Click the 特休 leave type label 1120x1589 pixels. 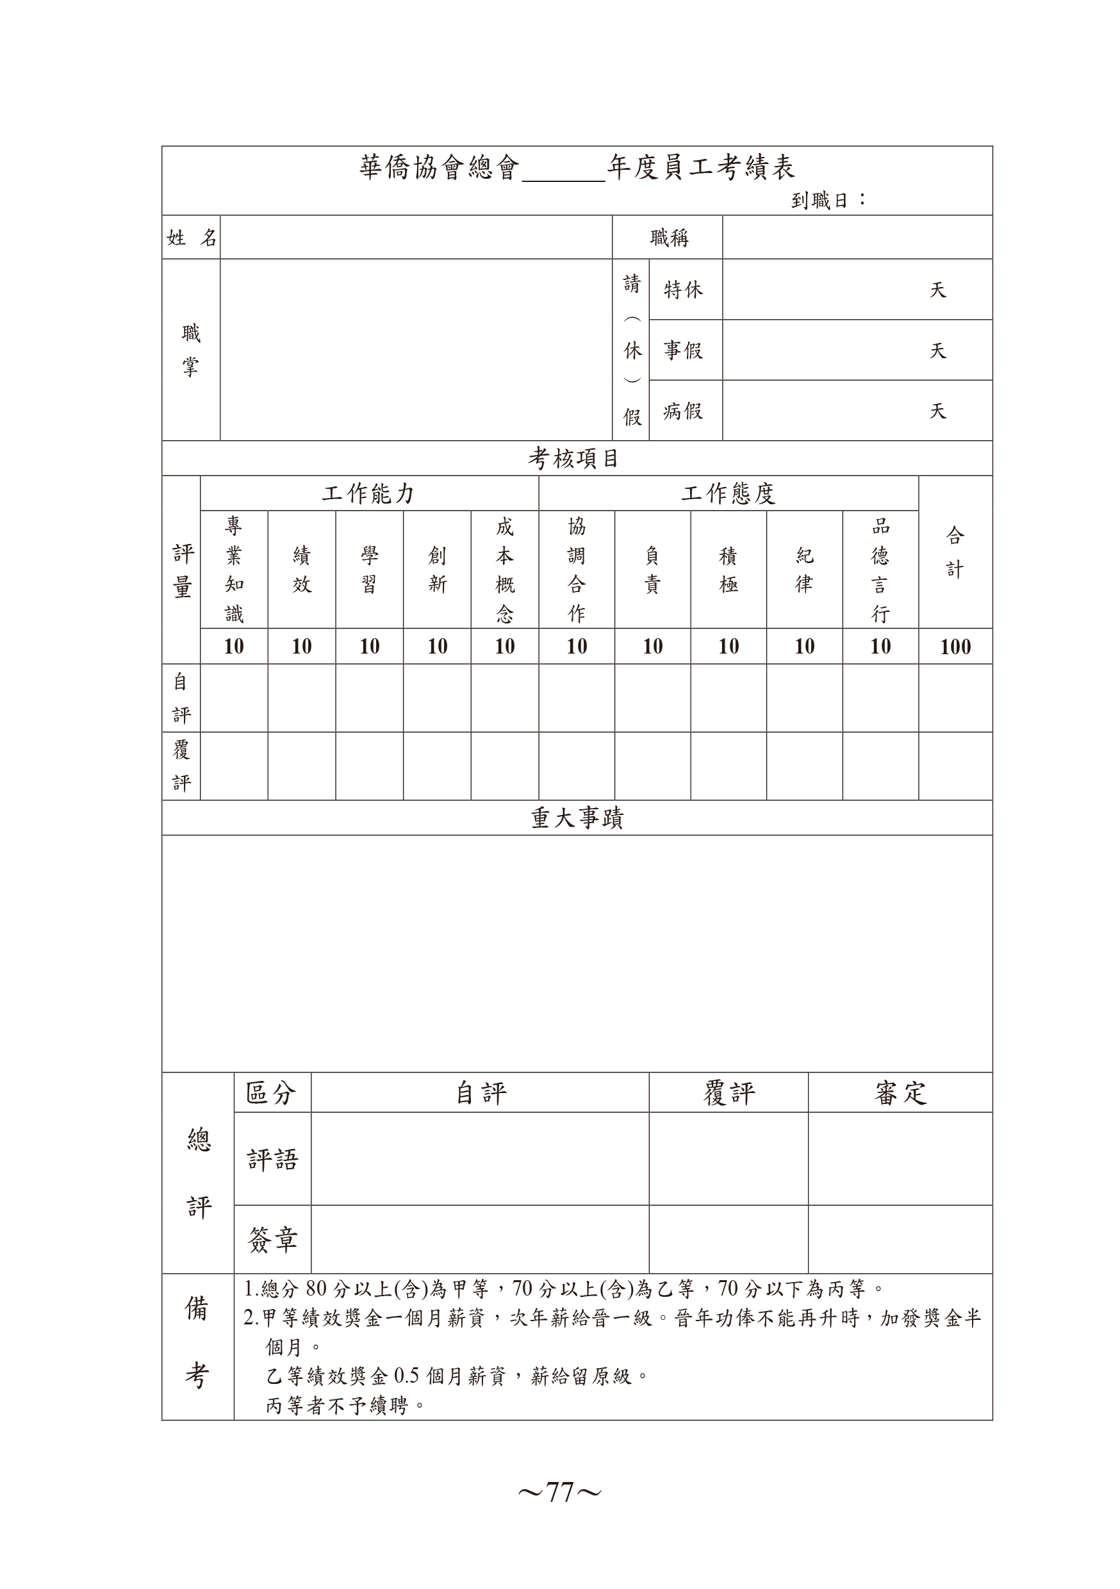click(x=683, y=289)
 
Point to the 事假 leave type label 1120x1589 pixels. click(x=683, y=350)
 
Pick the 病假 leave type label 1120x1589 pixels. click(x=683, y=411)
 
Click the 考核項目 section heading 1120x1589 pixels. click(x=574, y=458)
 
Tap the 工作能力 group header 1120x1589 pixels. click(x=368, y=493)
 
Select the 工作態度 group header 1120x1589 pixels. click(x=729, y=493)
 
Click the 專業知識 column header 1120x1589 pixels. click(x=234, y=570)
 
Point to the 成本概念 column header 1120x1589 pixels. click(x=505, y=570)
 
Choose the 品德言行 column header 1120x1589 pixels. click(x=880, y=570)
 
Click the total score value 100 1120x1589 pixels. click(x=955, y=646)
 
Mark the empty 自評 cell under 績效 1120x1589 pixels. click(x=302, y=698)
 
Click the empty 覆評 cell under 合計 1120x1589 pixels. click(x=955, y=766)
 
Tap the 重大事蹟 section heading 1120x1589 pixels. click(x=577, y=819)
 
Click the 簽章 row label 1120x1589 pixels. click(x=272, y=1239)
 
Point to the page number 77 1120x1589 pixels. click(x=559, y=1493)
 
